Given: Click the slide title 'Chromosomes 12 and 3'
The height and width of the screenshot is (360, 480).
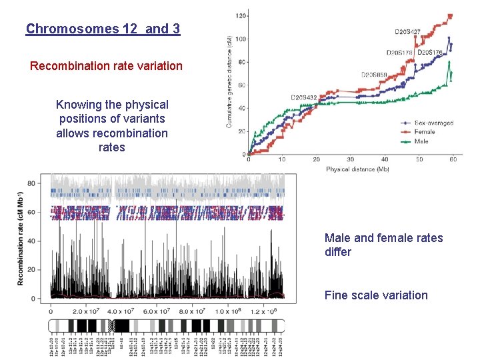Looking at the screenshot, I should click(x=103, y=29).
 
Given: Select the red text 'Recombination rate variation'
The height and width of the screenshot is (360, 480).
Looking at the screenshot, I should click(x=106, y=66).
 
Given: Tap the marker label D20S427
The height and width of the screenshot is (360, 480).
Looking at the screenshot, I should click(x=407, y=31).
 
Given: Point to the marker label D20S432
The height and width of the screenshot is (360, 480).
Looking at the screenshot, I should click(x=304, y=97).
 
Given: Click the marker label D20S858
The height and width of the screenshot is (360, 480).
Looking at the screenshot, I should click(x=375, y=75).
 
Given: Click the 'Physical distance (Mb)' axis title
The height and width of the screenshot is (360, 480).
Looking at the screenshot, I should click(x=357, y=169).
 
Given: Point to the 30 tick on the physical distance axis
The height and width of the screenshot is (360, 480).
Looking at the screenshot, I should click(x=351, y=160).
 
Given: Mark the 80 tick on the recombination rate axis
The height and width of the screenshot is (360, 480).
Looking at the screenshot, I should click(x=31, y=183).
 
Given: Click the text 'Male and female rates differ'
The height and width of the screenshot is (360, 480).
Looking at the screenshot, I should click(x=383, y=245).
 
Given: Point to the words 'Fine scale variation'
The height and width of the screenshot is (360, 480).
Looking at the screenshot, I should click(x=376, y=295).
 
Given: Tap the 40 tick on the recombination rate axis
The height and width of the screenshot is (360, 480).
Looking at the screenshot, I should click(x=31, y=241).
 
